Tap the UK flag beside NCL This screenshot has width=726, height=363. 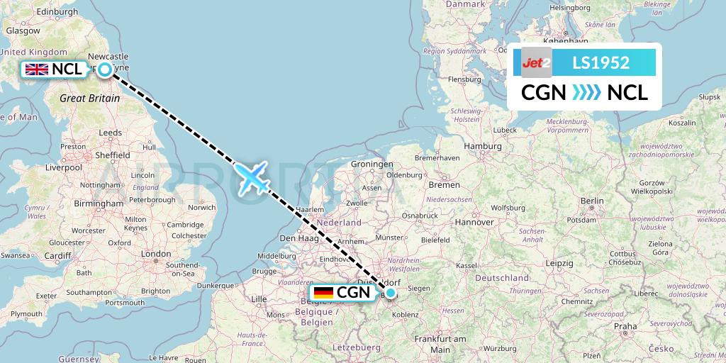[x=37, y=69]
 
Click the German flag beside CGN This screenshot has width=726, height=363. [x=323, y=293]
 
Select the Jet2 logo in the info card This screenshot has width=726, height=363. [x=537, y=63]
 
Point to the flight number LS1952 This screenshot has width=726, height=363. [x=601, y=63]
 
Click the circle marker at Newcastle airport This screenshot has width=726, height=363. [x=105, y=69]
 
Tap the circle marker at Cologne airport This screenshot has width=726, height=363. [x=390, y=292]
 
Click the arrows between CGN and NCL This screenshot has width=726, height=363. [x=586, y=92]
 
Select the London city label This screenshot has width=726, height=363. [x=156, y=253]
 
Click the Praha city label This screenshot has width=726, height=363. [x=625, y=327]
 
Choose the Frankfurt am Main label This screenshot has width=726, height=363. [x=440, y=344]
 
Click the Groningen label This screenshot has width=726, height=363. [x=367, y=164]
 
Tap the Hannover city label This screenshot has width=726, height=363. [x=474, y=222]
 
